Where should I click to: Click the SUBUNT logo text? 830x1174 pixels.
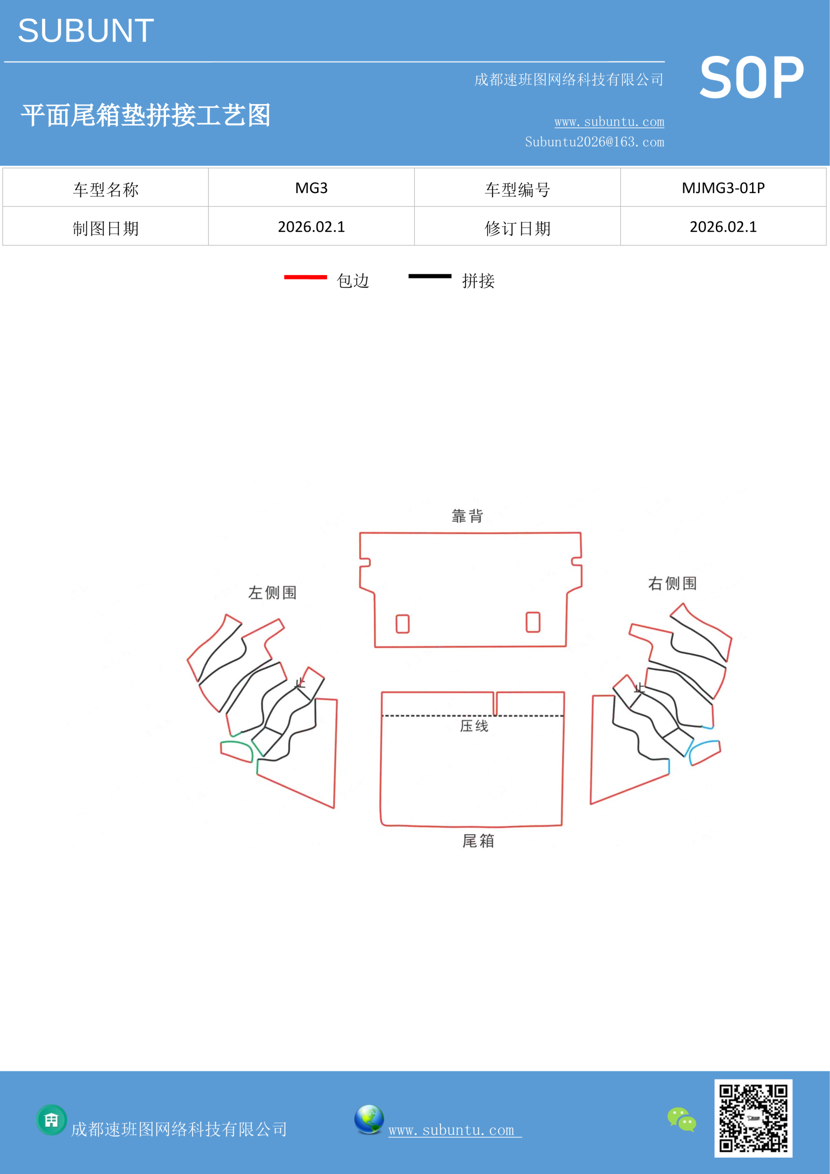pos(86,31)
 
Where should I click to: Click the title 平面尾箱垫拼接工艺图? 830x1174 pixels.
pos(146,115)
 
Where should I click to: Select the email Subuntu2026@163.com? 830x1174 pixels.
pos(594,142)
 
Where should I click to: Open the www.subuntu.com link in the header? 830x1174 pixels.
pos(609,122)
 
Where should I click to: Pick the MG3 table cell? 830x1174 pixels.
pos(311,188)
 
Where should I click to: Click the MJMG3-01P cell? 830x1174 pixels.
pos(723,188)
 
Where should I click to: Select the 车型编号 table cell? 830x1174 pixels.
pos(517,188)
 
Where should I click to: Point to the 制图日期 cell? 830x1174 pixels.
pos(105,227)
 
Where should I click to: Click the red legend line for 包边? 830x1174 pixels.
pos(306,277)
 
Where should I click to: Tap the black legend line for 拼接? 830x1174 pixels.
pos(430,276)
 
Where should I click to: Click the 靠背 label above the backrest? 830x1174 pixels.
pos(467,516)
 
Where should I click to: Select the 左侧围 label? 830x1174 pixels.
pos(272,593)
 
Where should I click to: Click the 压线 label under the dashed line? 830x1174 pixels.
pos(474,726)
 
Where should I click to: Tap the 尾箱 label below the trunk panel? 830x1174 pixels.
pos(478,841)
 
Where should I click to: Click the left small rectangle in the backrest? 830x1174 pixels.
pos(403,624)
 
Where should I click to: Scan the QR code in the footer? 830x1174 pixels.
pos(753,1118)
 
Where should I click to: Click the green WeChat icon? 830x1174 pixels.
pos(682,1119)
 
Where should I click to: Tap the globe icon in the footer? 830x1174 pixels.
pos(369,1119)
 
